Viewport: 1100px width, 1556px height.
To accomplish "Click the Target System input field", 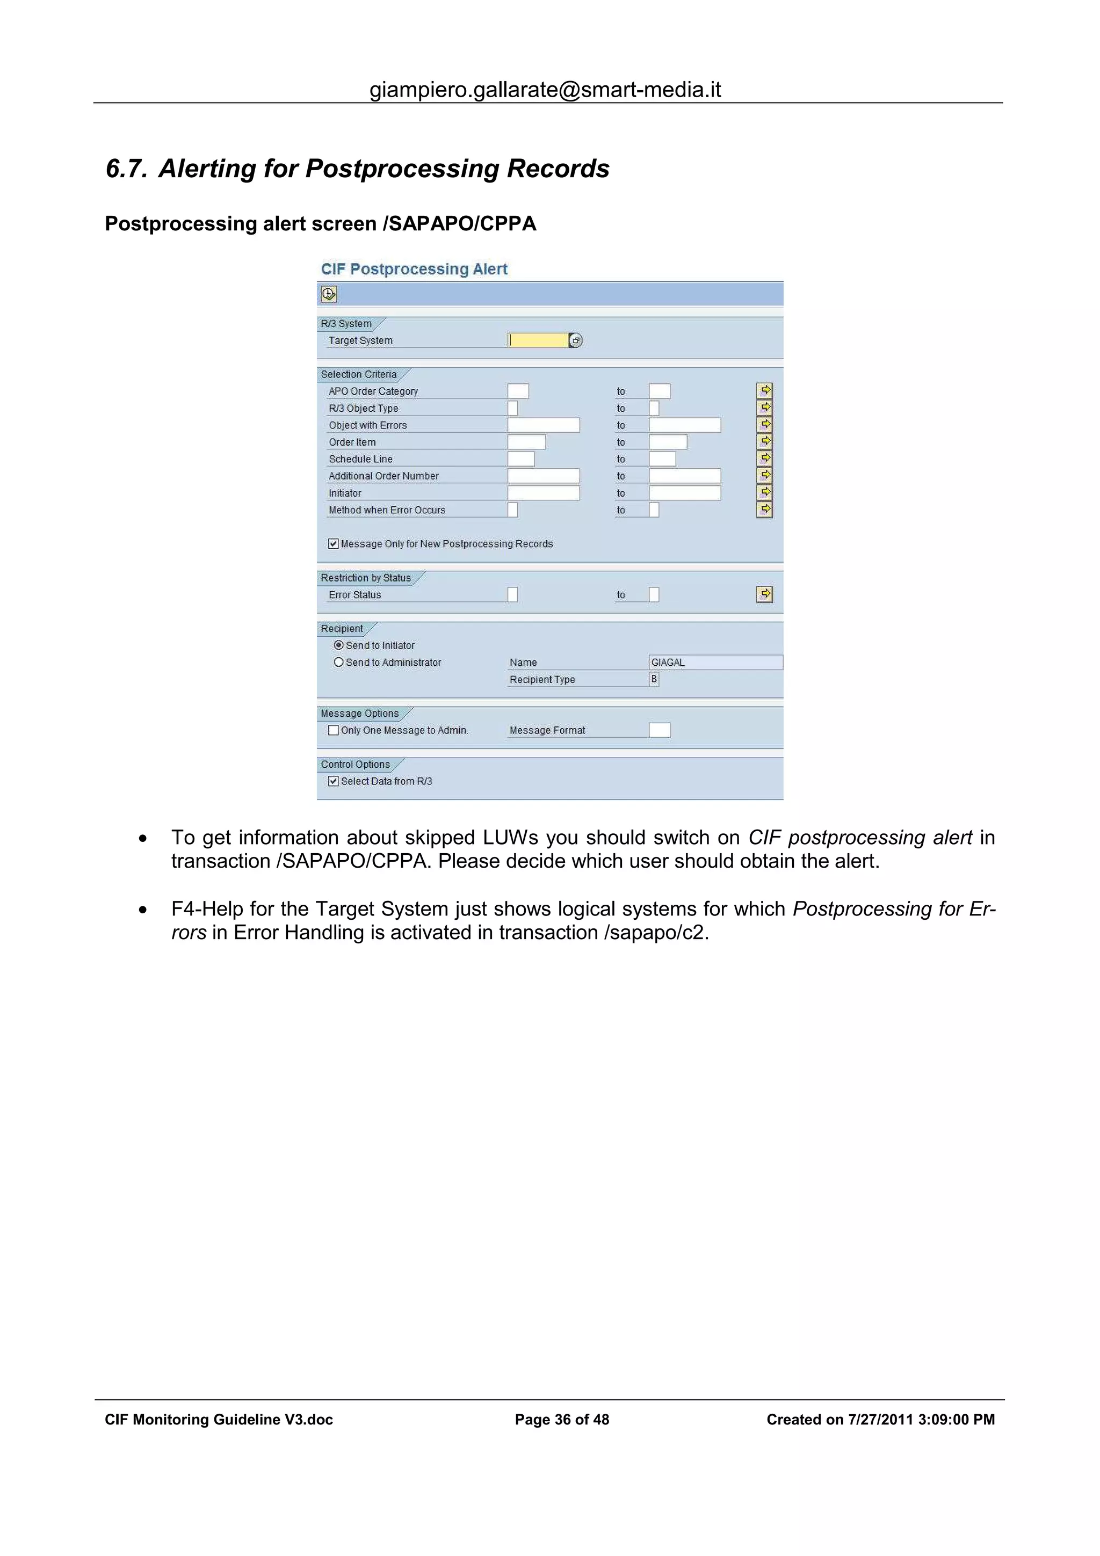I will click(538, 340).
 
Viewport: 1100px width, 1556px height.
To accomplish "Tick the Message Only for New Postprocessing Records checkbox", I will click(334, 543).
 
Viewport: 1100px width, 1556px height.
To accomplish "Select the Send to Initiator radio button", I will click(338, 645).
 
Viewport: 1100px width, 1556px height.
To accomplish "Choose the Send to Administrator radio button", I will click(338, 662).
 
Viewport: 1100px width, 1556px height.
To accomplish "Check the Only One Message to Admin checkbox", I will click(334, 730).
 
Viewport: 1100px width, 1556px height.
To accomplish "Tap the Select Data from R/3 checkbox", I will click(334, 781).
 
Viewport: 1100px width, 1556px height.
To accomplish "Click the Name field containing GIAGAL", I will click(715, 662).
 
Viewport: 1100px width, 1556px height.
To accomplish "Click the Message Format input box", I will click(659, 730).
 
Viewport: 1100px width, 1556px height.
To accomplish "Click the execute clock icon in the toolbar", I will click(329, 294).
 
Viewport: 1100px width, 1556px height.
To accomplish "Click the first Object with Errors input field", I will click(543, 425).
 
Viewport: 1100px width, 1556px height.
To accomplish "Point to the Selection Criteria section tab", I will click(359, 374).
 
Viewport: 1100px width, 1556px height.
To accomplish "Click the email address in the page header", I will click(545, 90).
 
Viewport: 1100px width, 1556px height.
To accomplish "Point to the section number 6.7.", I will click(126, 169).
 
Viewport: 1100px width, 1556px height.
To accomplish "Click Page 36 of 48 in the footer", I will click(562, 1419).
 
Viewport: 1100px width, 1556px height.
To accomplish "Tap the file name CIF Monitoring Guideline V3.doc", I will click(219, 1419).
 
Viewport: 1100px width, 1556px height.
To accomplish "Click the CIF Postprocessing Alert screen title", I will click(414, 269).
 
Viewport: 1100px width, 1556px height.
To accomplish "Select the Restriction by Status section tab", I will click(366, 577).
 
